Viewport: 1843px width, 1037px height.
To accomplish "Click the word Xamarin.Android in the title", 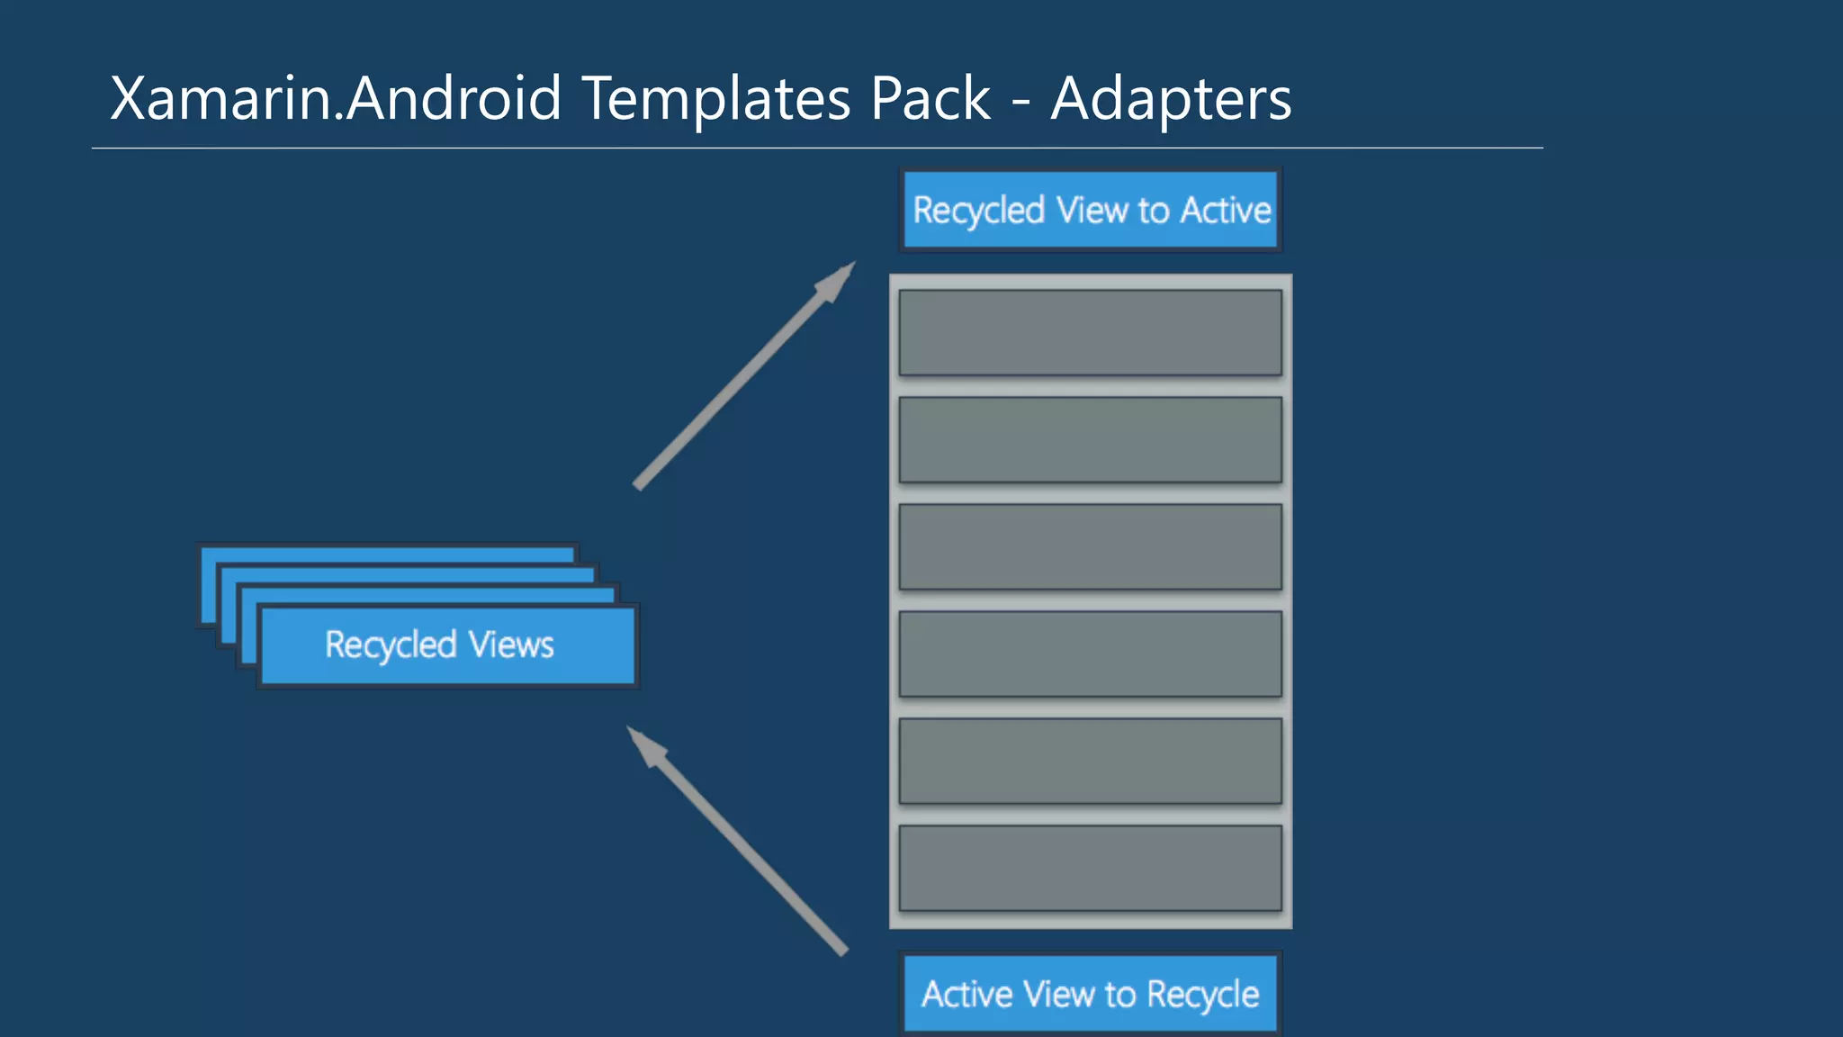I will [336, 98].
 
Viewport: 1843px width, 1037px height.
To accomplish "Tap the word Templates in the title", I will [715, 98].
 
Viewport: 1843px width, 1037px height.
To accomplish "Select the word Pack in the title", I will [930, 98].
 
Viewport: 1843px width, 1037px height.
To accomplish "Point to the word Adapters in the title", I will [1171, 98].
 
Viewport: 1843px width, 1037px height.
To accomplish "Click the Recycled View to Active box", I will [1091, 210].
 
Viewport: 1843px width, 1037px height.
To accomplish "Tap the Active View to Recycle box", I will [1091, 994].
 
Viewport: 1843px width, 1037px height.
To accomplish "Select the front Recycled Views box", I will [447, 645].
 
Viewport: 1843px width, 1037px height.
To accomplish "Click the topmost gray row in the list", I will [1090, 332].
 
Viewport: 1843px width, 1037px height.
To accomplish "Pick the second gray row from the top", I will [1090, 439].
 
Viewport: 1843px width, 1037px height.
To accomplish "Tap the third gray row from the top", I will [1090, 546].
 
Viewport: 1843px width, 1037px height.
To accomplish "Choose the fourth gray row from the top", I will [1090, 654].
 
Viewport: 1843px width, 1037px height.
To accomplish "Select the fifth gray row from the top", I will [1090, 761].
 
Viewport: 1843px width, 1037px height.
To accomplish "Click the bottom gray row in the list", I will [1090, 868].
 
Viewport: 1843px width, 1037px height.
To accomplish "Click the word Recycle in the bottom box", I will [1203, 995].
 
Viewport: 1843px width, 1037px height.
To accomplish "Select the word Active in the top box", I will [1226, 210].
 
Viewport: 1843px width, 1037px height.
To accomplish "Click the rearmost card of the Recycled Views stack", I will [387, 552].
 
